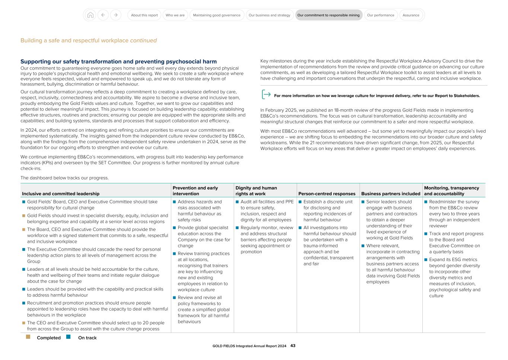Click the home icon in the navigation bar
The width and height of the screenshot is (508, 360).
[90, 15]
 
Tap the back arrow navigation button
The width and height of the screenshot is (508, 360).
[103, 15]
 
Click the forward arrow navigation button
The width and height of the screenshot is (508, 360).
[116, 15]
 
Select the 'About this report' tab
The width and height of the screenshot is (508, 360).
[144, 15]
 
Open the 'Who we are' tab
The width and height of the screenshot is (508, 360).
[175, 15]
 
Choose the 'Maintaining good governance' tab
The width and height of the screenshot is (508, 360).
[217, 15]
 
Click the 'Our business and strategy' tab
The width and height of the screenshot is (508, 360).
[269, 15]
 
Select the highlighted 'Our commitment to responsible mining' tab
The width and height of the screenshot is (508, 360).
[329, 15]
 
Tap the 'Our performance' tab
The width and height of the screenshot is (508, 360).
[380, 15]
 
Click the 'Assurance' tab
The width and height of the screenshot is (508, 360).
[411, 15]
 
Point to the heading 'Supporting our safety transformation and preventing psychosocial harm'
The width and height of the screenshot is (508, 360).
[118, 61]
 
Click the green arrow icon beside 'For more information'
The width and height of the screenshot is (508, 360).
[266, 95]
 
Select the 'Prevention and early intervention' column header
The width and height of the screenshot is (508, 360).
[195, 191]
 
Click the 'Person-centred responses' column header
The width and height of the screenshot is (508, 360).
[327, 194]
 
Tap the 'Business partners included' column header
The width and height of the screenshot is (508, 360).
[390, 194]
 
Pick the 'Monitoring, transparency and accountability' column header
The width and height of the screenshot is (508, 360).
[451, 191]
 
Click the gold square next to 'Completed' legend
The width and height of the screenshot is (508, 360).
[28, 337]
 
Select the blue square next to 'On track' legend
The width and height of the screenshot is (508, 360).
[68, 337]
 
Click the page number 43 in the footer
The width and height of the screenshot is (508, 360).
[293, 346]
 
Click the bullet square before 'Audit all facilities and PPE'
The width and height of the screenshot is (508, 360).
[237, 202]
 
